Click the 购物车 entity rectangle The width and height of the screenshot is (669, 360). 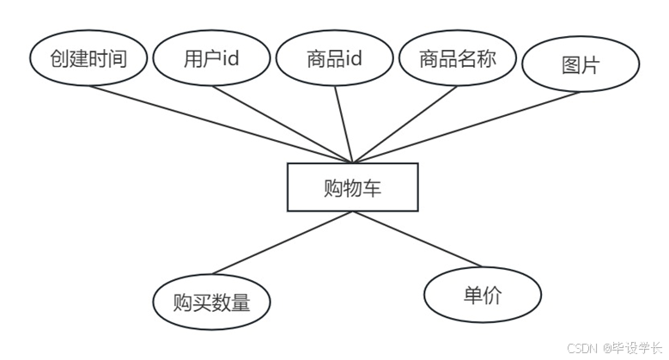click(352, 186)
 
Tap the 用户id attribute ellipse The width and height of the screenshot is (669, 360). click(211, 59)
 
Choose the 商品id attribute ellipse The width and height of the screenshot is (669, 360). click(334, 59)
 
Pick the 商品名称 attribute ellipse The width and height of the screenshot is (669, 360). click(457, 59)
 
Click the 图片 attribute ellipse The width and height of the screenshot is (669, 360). click(580, 65)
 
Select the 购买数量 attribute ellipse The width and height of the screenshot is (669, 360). click(211, 302)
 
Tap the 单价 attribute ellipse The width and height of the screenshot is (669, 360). click(482, 296)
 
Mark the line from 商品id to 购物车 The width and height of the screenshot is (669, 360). click(344, 125)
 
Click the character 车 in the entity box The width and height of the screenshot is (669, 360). click(373, 187)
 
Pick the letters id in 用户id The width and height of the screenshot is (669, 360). click(229, 59)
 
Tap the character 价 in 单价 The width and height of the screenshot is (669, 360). click(492, 296)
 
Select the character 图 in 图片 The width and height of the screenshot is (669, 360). click(569, 65)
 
